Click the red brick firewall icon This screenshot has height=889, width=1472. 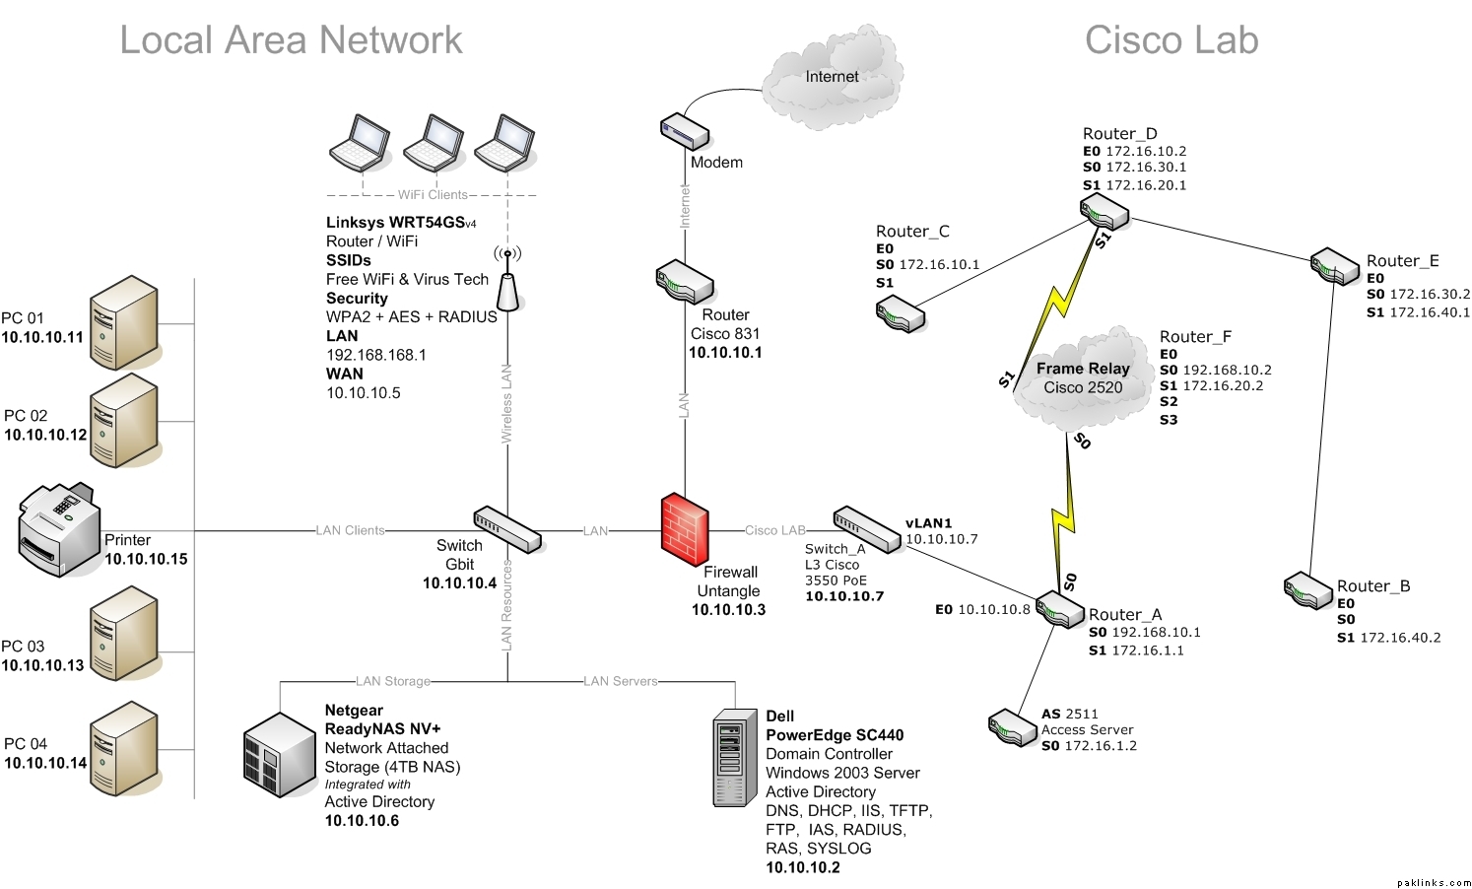(685, 529)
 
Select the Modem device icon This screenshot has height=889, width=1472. (685, 131)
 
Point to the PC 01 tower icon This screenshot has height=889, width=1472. (123, 322)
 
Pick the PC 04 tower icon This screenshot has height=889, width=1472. (123, 748)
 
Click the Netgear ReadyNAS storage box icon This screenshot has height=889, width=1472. (280, 755)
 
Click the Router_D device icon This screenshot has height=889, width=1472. (1104, 211)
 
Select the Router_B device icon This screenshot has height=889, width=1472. (1308, 590)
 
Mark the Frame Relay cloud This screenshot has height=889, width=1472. (1082, 379)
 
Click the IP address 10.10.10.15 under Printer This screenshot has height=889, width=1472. (146, 559)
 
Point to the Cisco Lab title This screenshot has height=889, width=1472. (1171, 40)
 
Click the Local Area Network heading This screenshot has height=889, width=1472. (291, 40)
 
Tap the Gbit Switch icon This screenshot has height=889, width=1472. (507, 529)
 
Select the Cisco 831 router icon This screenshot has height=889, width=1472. (685, 282)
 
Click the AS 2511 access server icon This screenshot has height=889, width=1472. (1013, 728)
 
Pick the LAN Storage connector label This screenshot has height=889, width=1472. (393, 681)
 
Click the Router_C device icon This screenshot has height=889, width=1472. (901, 315)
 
